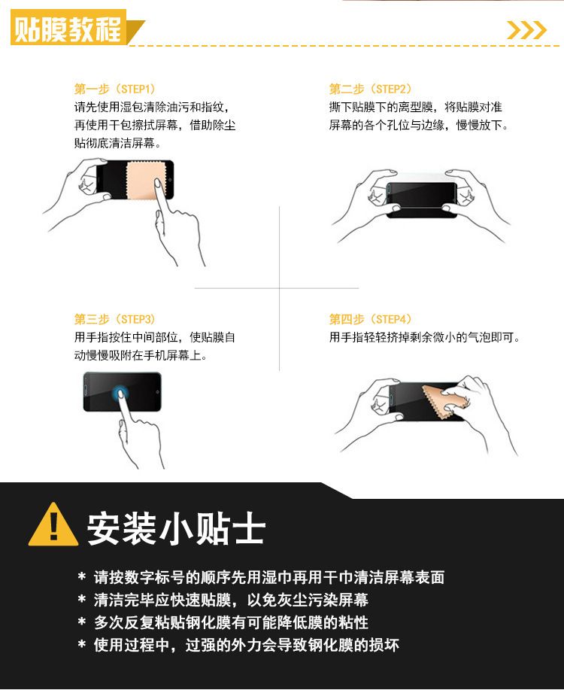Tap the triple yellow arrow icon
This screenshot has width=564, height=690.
click(x=526, y=30)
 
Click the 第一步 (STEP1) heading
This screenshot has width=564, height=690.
click(x=115, y=89)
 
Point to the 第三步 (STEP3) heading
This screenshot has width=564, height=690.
click(x=115, y=319)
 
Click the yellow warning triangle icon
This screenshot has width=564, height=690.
click(x=53, y=524)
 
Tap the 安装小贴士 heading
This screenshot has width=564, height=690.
click(x=176, y=528)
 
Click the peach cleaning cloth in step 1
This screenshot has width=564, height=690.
click(x=145, y=181)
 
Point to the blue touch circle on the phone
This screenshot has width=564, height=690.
click(x=120, y=393)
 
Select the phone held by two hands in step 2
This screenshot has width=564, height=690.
click(x=421, y=200)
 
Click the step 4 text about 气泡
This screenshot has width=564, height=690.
click(x=425, y=338)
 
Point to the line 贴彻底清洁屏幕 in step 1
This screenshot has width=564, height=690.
click(x=117, y=143)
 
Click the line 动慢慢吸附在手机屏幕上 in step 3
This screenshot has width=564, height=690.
click(x=141, y=355)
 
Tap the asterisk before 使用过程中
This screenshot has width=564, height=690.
click(x=82, y=644)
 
